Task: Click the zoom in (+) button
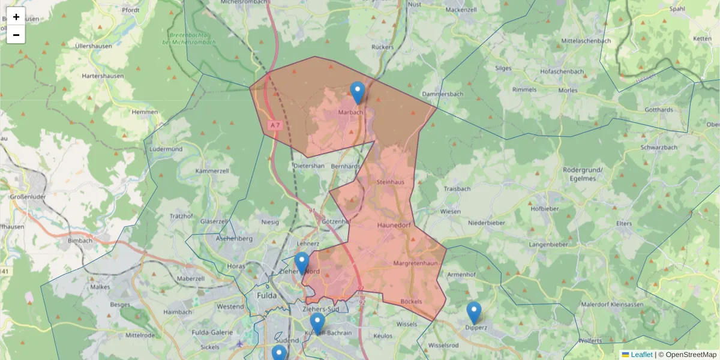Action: (x=16, y=17)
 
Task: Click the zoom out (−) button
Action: (x=16, y=35)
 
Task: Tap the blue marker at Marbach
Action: (x=358, y=92)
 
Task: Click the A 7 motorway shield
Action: (x=275, y=125)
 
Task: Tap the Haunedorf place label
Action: (x=394, y=225)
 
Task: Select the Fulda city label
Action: (x=266, y=296)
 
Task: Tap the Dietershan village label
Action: (x=309, y=166)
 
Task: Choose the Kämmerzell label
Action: (x=212, y=171)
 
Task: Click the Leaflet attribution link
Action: (x=641, y=355)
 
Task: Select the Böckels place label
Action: (x=411, y=301)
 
